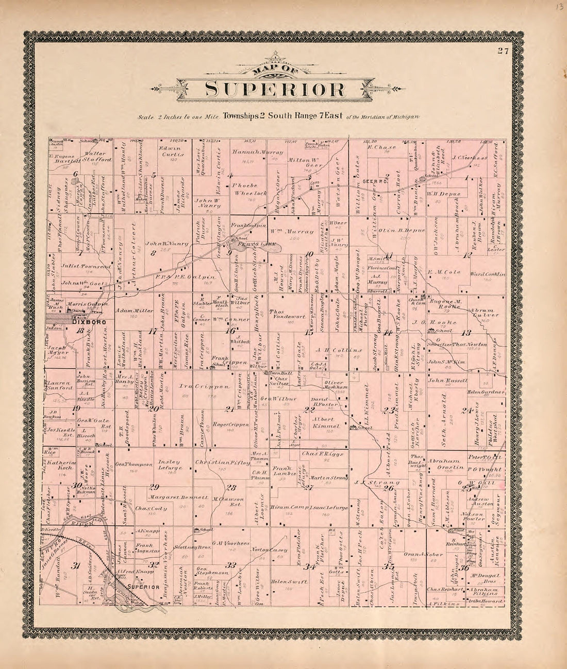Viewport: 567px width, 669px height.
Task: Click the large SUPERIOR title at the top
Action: (275, 89)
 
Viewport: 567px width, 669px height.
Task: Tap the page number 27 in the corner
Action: (503, 50)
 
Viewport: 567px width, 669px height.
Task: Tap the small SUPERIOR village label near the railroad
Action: (143, 587)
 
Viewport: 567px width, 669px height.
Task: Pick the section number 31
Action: (76, 567)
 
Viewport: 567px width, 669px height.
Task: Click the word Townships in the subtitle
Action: (241, 116)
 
